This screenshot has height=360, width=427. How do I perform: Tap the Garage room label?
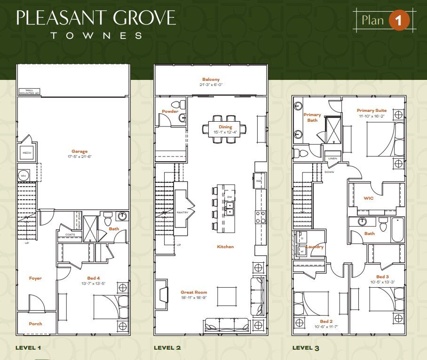(79, 151)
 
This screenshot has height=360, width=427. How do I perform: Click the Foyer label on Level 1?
(35, 278)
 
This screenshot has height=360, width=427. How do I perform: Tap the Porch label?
(35, 324)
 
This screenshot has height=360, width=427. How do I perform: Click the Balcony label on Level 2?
(211, 79)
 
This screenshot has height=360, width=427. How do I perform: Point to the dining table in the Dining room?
(224, 126)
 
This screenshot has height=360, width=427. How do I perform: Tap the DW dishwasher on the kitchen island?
(229, 197)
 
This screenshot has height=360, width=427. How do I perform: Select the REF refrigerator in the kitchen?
(259, 180)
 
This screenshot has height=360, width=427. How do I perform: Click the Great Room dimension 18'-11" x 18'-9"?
(194, 298)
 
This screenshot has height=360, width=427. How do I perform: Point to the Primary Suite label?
(372, 110)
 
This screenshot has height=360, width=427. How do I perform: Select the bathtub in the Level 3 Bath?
(397, 230)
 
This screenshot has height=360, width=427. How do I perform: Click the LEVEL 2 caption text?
(167, 348)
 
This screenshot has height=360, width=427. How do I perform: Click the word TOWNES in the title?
(96, 35)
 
